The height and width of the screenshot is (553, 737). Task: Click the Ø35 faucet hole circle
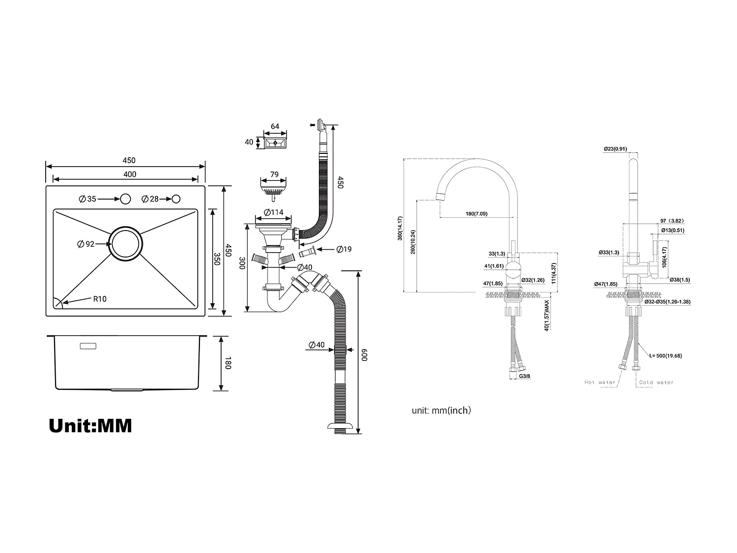125,199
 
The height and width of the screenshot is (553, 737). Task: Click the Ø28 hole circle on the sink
176,199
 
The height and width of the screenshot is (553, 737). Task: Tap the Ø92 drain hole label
86,244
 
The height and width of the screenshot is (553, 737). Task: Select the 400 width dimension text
130,174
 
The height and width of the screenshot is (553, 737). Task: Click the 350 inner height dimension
217,259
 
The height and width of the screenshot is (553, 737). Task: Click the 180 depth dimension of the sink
227,364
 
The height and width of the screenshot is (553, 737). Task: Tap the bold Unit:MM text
90,426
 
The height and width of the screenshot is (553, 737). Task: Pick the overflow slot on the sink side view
88,347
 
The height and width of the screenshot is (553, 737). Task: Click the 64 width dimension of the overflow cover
275,126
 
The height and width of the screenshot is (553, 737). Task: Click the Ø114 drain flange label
274,213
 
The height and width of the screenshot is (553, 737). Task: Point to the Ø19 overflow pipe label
344,249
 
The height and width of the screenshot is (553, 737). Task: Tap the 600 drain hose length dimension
365,355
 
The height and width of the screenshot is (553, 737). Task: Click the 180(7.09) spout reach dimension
476,214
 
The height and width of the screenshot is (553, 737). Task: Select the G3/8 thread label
525,377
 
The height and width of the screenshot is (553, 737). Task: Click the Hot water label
599,382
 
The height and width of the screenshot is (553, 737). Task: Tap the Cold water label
656,382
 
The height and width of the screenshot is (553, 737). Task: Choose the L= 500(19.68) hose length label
665,355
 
